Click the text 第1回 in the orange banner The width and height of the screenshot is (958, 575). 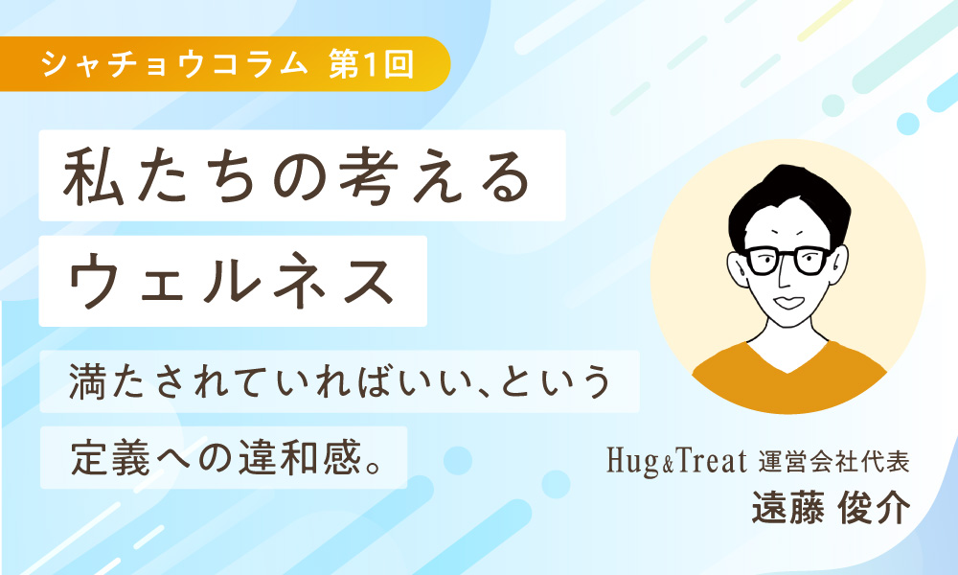372,64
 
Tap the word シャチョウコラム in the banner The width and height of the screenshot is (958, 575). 175,64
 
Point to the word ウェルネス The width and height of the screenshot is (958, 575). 231,281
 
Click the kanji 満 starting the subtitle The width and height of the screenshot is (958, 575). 88,381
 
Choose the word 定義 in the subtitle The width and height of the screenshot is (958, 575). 110,458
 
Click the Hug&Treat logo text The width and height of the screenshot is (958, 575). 676,461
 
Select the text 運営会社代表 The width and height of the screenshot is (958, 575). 834,462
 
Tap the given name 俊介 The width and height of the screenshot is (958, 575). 875,507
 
